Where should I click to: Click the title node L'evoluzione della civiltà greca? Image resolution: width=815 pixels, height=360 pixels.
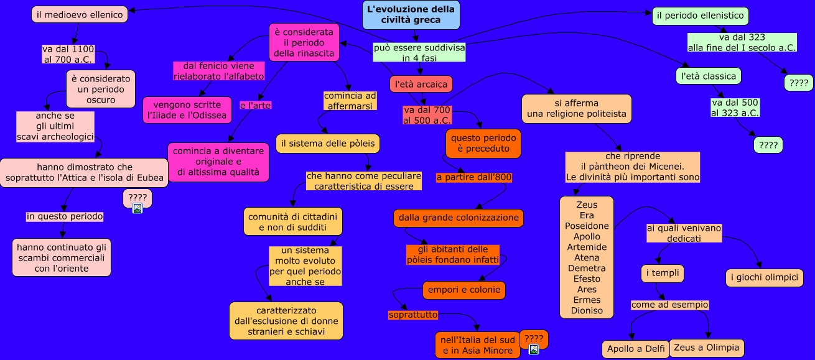tap(411, 15)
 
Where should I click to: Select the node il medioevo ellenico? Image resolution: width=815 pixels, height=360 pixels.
tap(79, 14)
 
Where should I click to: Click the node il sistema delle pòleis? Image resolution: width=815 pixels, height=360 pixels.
tap(328, 144)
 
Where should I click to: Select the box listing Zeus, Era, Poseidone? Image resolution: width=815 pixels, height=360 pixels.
tap(587, 257)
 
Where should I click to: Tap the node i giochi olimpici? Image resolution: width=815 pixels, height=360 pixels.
tap(764, 277)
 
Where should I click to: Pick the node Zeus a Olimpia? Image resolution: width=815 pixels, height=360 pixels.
tap(706, 348)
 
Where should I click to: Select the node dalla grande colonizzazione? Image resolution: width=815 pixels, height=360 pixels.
tap(459, 218)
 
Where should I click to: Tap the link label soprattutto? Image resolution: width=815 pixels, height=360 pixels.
tap(413, 315)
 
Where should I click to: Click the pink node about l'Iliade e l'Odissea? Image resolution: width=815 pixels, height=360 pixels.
tap(183, 110)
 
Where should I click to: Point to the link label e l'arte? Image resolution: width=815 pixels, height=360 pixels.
tap(255, 105)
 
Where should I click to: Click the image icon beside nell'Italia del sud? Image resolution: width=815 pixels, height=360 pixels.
tap(533, 349)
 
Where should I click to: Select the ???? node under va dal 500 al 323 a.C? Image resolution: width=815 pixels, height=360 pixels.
tap(768, 145)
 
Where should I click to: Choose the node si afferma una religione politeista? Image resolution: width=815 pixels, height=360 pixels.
tap(576, 108)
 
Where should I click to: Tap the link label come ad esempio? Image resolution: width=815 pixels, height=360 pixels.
tap(670, 305)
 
